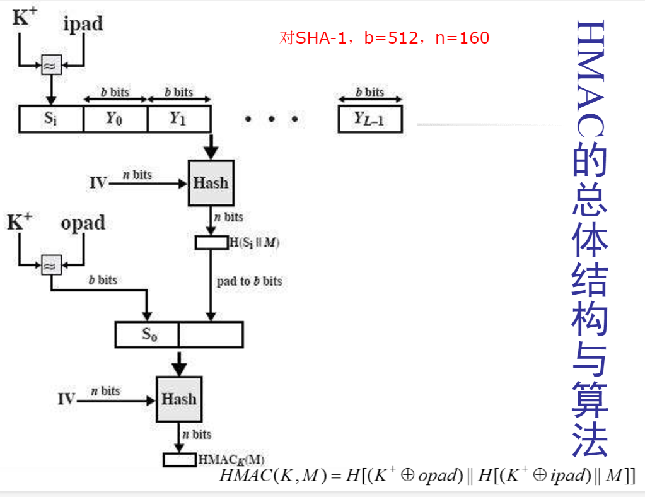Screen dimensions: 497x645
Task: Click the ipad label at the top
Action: coord(83,25)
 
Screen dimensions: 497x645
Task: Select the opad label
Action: coord(83,224)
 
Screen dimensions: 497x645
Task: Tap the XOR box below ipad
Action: coord(51,65)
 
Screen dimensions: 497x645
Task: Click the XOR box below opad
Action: coord(51,266)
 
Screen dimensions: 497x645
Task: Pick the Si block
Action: coord(51,119)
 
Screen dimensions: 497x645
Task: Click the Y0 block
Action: coord(115,119)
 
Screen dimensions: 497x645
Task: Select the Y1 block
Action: coord(178,119)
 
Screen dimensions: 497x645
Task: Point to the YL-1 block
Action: coord(369,119)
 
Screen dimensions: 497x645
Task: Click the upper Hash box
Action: coord(211,183)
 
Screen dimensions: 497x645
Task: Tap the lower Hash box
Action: coord(179,399)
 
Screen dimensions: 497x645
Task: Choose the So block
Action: coord(147,335)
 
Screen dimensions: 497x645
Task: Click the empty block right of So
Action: coord(211,335)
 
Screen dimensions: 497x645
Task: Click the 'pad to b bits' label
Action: coord(250,281)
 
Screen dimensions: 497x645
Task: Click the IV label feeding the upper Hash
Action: coord(98,184)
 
